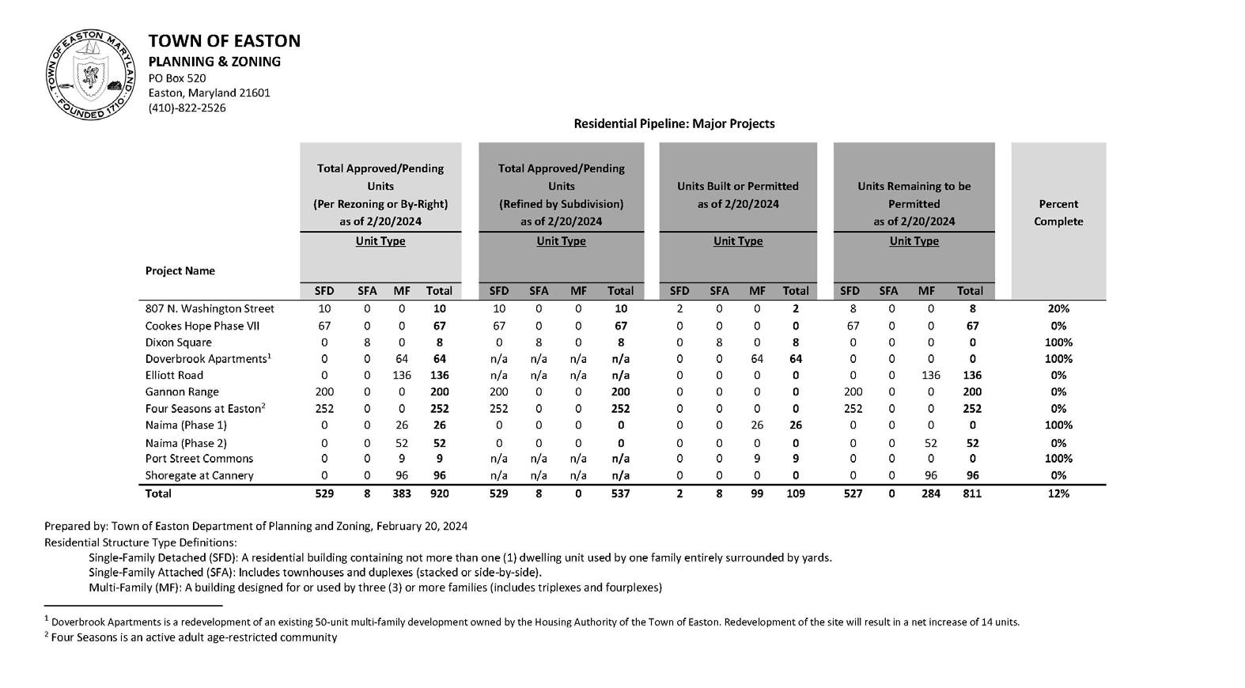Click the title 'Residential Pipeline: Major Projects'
click(x=674, y=124)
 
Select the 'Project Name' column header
click(x=180, y=271)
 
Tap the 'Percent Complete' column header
click(x=1058, y=213)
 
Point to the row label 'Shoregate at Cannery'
click(x=199, y=476)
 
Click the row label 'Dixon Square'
click(x=179, y=343)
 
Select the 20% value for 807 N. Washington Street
click(x=1058, y=309)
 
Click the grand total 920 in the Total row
click(x=439, y=493)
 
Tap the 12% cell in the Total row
click(x=1058, y=493)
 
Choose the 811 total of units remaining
click(x=971, y=493)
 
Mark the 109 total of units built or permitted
click(x=795, y=493)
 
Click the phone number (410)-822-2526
click(x=187, y=108)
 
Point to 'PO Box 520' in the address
click(x=177, y=78)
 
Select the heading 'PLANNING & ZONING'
click(x=214, y=62)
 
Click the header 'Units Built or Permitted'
click(x=737, y=187)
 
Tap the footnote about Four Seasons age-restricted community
click(x=191, y=637)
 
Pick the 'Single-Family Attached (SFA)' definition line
click(x=315, y=573)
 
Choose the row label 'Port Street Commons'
click(x=199, y=459)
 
